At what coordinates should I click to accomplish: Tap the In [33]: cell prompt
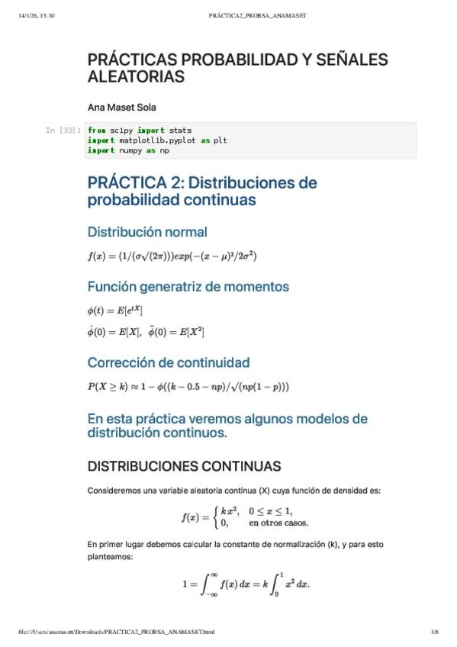(x=63, y=130)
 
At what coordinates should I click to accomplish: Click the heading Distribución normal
(x=147, y=231)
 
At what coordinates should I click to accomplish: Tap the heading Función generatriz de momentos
(x=188, y=287)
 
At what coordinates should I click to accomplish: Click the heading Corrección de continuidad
(x=168, y=362)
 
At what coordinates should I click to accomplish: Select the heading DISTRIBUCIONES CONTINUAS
(x=184, y=465)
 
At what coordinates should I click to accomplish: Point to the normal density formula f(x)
(x=172, y=256)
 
